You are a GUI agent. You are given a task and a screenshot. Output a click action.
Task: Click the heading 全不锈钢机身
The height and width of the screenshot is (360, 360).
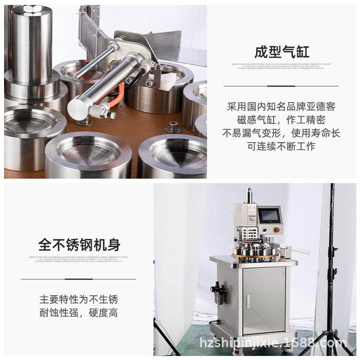coord(79,245)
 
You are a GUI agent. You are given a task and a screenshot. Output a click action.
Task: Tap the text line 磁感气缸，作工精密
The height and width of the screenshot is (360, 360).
coord(281,120)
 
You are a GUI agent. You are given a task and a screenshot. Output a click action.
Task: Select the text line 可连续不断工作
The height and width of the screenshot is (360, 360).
coord(281,146)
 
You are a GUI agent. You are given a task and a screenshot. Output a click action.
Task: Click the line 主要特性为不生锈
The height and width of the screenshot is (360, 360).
coord(79,300)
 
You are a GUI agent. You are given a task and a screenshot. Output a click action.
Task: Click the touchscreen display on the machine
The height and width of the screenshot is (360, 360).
coord(270,215)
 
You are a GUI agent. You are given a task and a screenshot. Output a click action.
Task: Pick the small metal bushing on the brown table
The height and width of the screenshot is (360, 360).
coord(171,127)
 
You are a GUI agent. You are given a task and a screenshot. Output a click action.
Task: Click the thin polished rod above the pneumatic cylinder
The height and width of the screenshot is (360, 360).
coord(95,61)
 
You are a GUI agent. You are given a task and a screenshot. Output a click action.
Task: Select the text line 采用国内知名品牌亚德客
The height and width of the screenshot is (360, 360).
coord(281,107)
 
